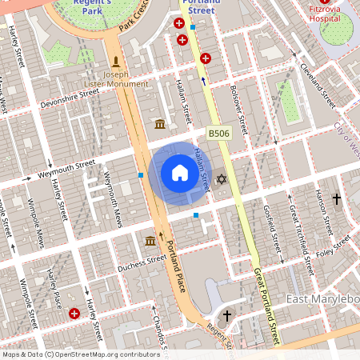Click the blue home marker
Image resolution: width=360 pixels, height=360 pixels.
pos(180,173)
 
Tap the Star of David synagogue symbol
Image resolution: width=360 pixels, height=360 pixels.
pos(222,180)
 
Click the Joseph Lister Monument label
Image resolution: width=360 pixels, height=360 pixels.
pos(116,77)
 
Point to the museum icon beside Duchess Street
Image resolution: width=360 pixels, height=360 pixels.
pos(150,241)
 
